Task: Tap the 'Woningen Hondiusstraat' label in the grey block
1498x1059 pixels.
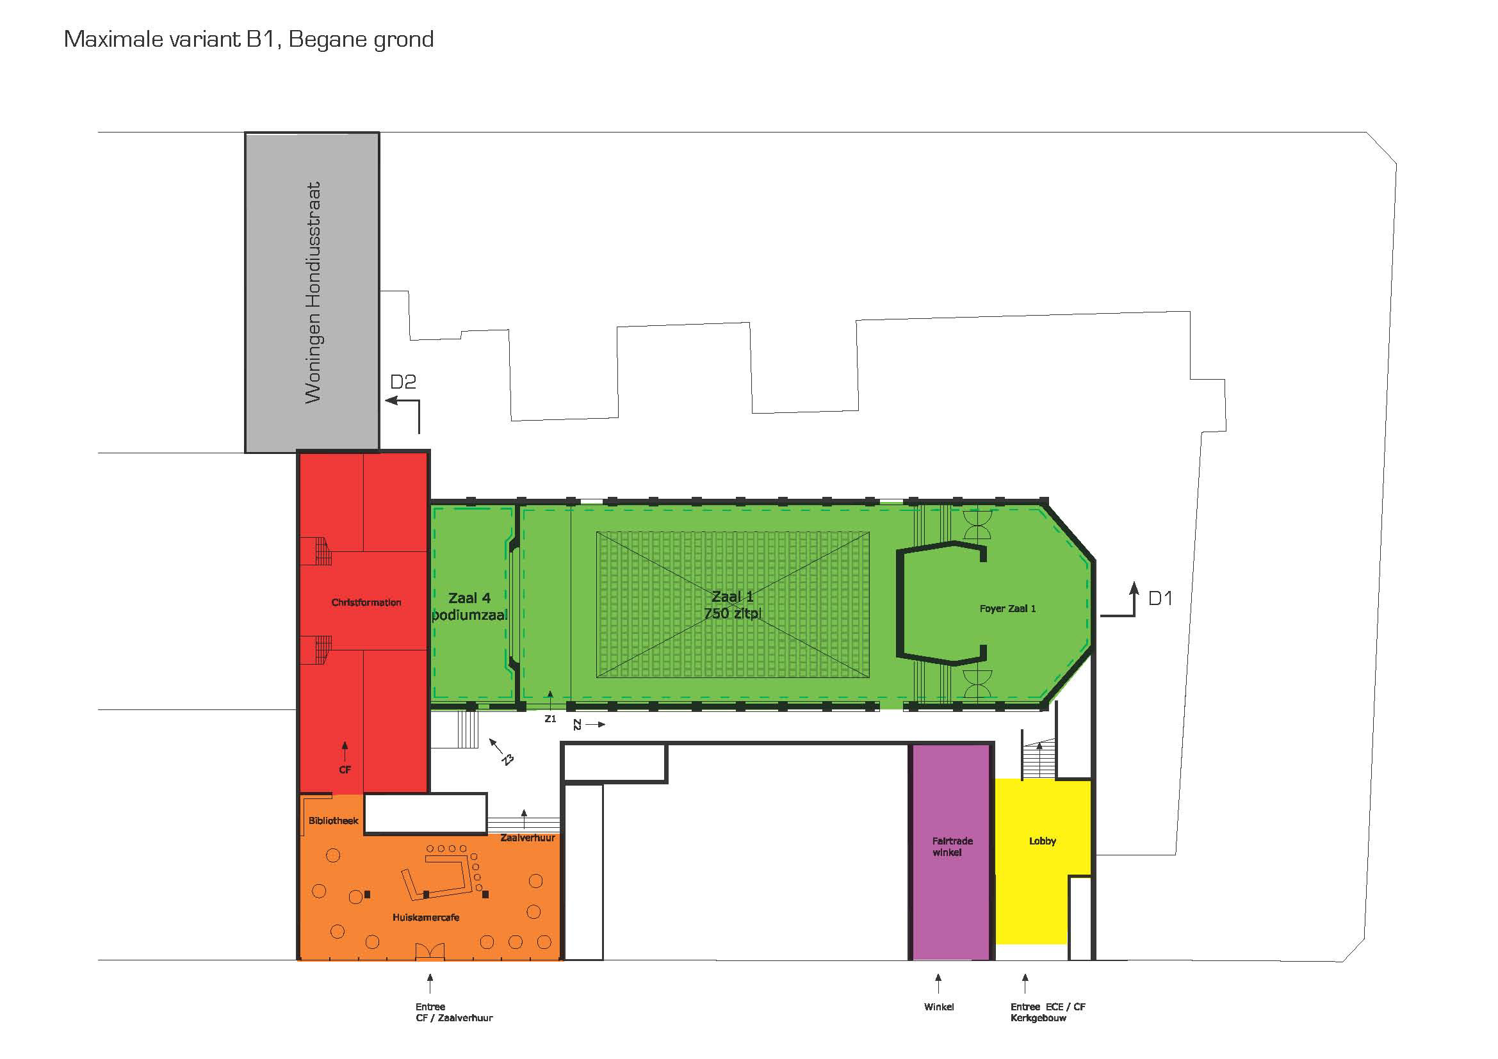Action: click(313, 292)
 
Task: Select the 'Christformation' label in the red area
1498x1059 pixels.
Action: click(366, 602)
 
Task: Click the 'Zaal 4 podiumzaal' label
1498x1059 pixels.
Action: click(469, 606)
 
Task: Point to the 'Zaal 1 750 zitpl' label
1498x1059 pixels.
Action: click(733, 605)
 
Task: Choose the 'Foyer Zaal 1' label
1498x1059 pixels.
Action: click(1007, 608)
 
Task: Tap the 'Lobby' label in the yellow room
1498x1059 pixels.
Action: click(1042, 841)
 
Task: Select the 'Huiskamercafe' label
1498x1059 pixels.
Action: click(425, 918)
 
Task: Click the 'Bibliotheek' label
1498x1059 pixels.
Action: click(334, 821)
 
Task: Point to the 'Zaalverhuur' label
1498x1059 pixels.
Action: click(528, 838)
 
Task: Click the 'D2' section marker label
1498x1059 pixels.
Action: click(403, 382)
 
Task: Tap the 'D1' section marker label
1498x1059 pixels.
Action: click(1160, 598)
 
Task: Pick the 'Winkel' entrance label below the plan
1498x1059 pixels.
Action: click(939, 1007)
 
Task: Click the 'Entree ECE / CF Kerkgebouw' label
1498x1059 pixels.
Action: click(1048, 1012)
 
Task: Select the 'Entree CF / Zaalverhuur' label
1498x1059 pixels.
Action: click(454, 1012)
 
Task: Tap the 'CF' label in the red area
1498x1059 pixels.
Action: click(345, 770)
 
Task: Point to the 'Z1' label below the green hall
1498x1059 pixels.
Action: click(550, 718)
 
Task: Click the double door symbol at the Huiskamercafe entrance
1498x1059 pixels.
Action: click(430, 951)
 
